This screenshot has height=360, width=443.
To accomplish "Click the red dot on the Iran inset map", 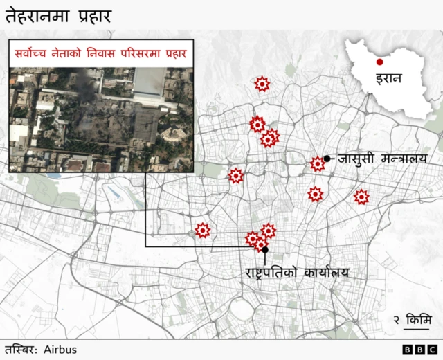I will point(379,63).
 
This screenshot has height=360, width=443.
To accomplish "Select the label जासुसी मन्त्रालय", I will point(383,159).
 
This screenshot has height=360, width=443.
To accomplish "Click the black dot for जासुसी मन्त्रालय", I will point(327,159).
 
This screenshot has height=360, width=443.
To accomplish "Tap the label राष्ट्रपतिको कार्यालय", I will point(296,273).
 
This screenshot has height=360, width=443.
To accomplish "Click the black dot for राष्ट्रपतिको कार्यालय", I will point(264,249).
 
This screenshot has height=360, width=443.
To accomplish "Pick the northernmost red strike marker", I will point(262,84).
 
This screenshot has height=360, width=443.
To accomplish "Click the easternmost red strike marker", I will point(361,197).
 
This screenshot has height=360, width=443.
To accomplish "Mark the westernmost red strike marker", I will point(203,231).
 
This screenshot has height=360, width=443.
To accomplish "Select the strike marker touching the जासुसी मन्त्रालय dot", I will point(318,164).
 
